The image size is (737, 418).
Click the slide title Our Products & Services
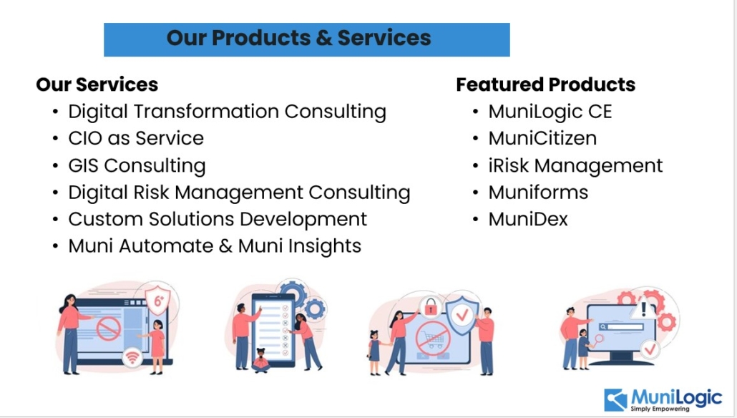click(x=298, y=38)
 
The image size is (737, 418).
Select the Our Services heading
click(x=97, y=84)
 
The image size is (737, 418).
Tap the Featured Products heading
click(x=546, y=84)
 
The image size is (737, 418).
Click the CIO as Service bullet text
click(x=136, y=138)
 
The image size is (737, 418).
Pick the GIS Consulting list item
click(x=137, y=166)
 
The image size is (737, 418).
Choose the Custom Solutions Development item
click(x=218, y=220)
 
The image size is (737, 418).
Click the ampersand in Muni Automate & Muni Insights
click(x=225, y=246)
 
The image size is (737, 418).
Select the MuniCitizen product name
click(x=542, y=138)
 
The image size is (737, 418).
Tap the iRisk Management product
click(x=575, y=166)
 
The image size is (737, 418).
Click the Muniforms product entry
click(x=538, y=193)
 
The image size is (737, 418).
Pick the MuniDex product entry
click(x=528, y=219)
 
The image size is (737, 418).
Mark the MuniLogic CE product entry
click(x=550, y=112)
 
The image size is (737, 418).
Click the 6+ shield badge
click(x=158, y=299)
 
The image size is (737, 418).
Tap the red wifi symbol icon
click(x=132, y=358)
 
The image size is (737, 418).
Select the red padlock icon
click(x=430, y=308)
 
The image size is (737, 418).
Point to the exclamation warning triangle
click(x=643, y=309)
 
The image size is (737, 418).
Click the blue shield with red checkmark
click(x=462, y=314)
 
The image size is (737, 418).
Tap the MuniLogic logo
click(x=663, y=400)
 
